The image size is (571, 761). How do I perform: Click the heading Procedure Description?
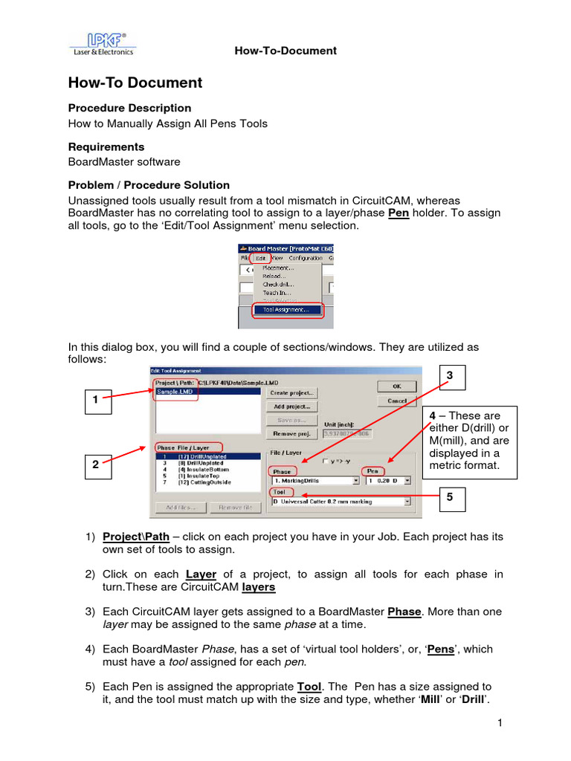pyautogui.click(x=129, y=108)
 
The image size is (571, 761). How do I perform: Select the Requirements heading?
pyautogui.click(x=106, y=146)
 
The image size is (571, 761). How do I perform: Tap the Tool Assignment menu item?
pyautogui.click(x=287, y=310)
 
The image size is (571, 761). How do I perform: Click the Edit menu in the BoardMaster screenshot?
pyautogui.click(x=259, y=258)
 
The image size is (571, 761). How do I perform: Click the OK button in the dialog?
pyautogui.click(x=396, y=386)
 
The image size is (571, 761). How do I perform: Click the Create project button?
pyautogui.click(x=292, y=392)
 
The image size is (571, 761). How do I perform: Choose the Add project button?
pyautogui.click(x=292, y=407)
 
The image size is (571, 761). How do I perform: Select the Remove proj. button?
pyautogui.click(x=292, y=433)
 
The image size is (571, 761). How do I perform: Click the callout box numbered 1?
pyautogui.click(x=95, y=401)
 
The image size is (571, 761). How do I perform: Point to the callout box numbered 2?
pyautogui.click(x=95, y=464)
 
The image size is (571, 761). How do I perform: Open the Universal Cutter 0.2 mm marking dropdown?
pyautogui.click(x=407, y=502)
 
